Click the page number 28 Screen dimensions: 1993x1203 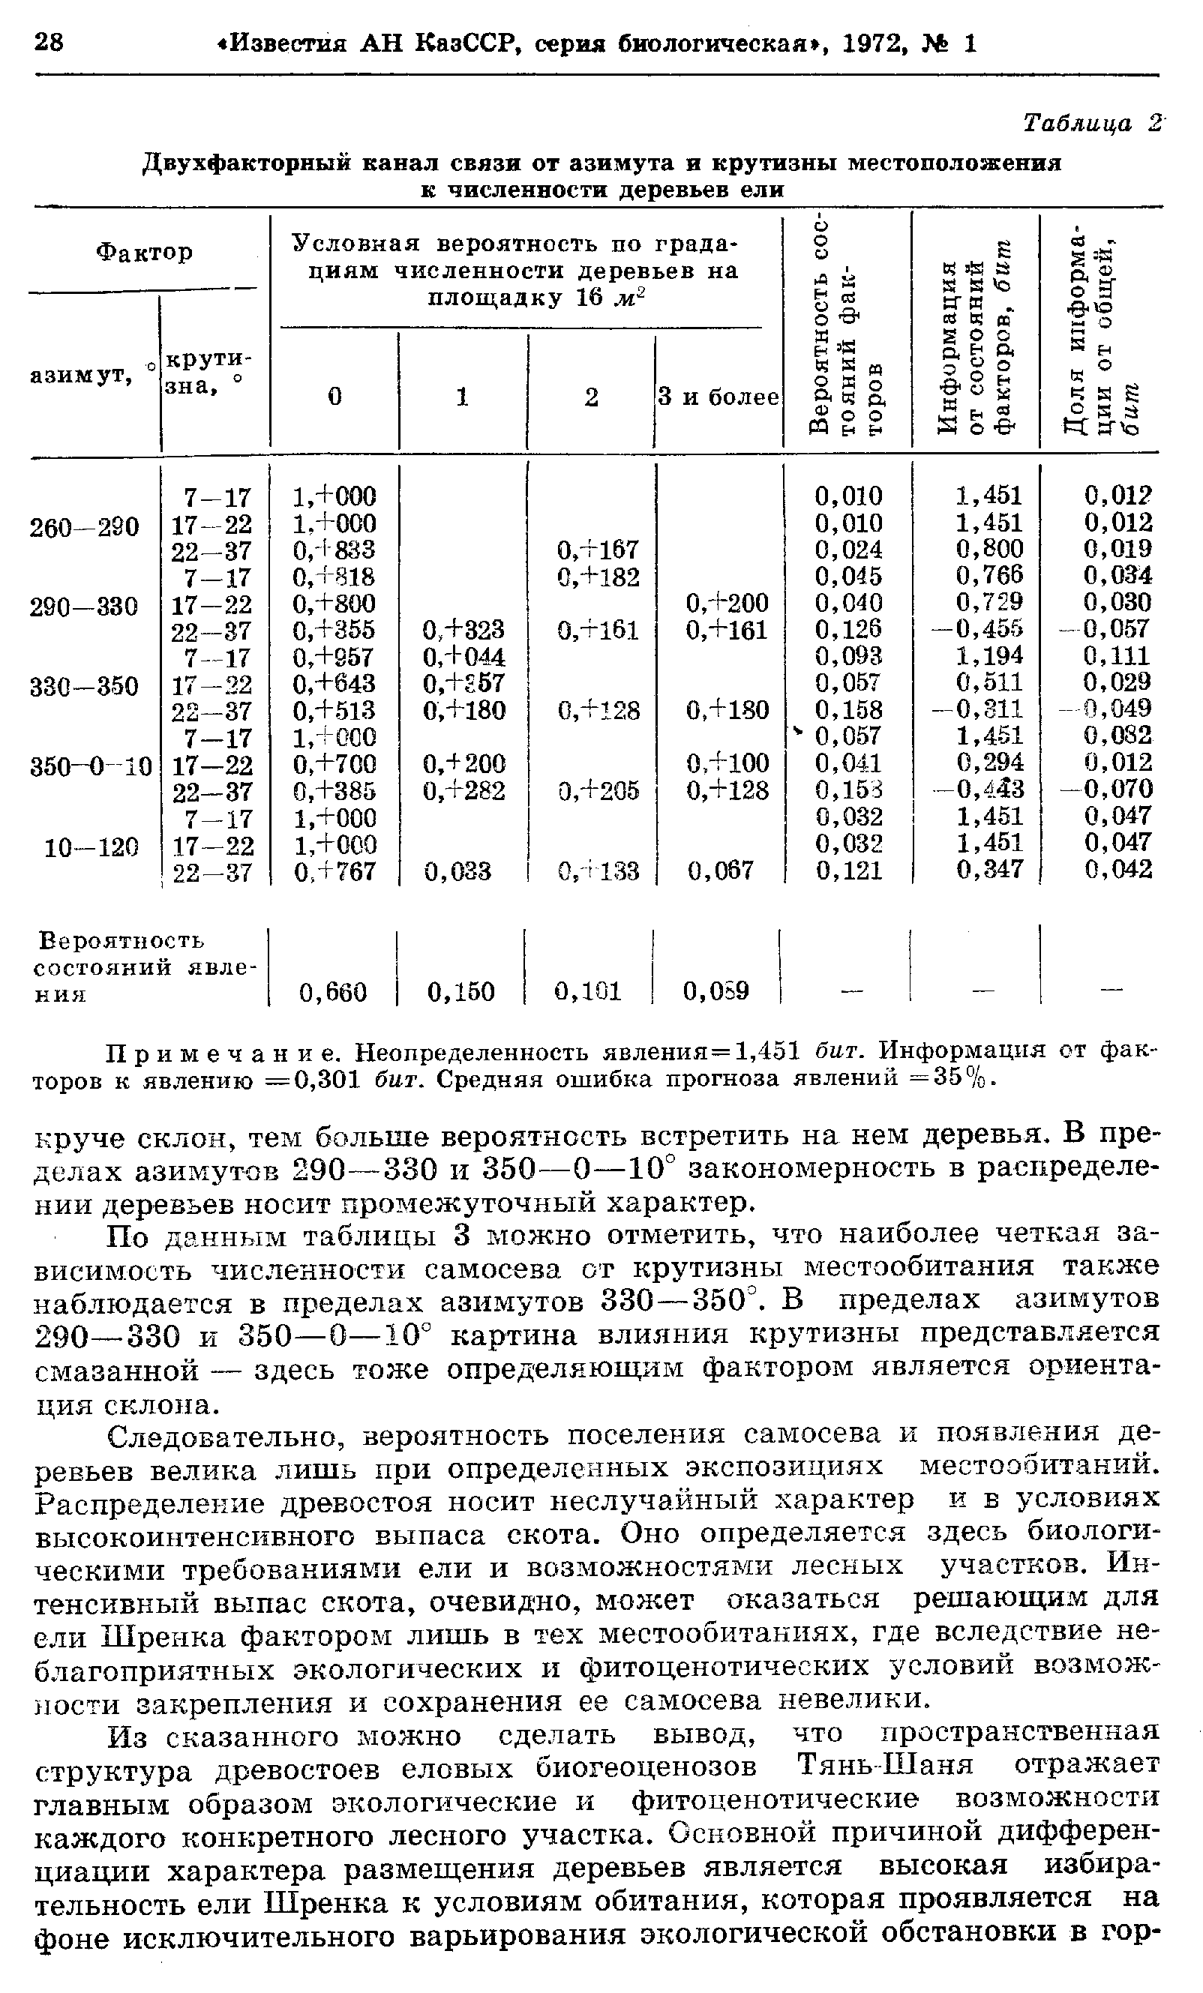[x=50, y=41]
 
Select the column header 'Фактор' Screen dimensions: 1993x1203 [x=145, y=253]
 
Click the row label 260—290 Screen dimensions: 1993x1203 [x=84, y=526]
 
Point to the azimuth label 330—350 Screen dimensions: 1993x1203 [x=84, y=687]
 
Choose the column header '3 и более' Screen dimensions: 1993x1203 [x=718, y=397]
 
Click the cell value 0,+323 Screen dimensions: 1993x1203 [x=463, y=629]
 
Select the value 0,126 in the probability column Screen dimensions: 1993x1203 [x=849, y=629]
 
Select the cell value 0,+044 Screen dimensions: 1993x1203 [x=463, y=656]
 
